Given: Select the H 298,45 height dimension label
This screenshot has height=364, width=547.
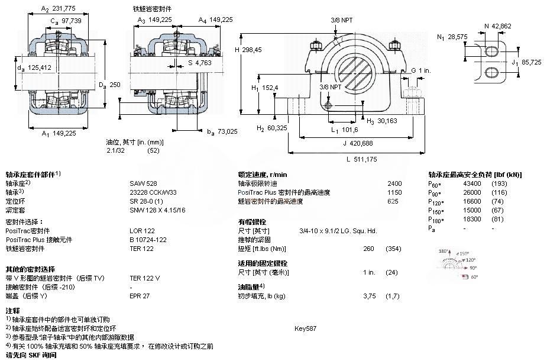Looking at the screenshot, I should (x=254, y=49).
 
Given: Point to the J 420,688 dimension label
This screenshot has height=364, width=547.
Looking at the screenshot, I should (x=358, y=142).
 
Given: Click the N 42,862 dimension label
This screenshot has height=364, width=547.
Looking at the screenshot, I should (x=499, y=26).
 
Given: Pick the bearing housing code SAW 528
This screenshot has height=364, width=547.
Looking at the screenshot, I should (x=143, y=183).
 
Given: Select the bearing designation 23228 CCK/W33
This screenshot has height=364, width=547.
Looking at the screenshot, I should (x=154, y=192).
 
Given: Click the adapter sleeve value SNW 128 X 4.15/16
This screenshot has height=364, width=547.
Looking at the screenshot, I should (x=157, y=210).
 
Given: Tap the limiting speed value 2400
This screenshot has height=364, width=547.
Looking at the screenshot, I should (x=394, y=183).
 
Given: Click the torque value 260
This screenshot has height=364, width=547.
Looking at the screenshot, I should (x=368, y=249).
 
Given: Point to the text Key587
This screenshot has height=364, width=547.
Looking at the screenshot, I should (x=306, y=328).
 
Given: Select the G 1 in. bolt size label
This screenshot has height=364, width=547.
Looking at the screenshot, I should (x=421, y=70).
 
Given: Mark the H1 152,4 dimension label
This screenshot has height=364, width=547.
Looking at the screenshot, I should (x=266, y=88).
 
